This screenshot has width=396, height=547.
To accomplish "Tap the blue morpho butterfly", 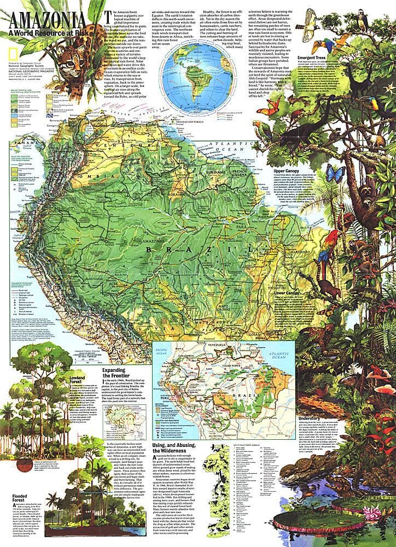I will [x=335, y=174].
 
